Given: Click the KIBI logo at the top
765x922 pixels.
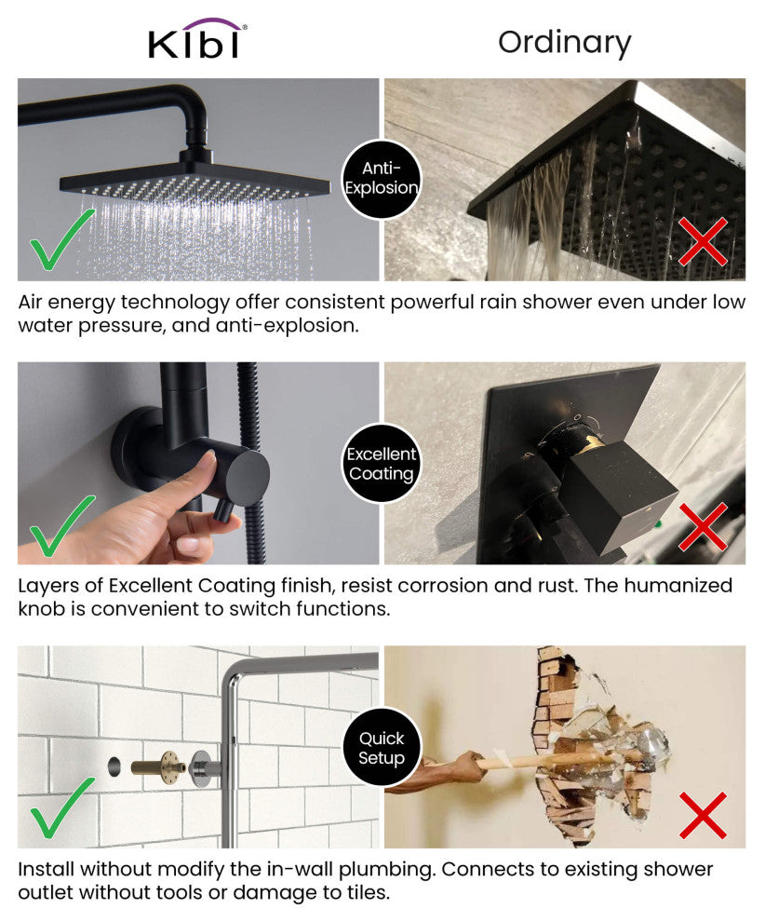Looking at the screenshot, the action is (x=197, y=39).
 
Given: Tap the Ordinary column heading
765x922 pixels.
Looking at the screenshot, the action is (x=565, y=42).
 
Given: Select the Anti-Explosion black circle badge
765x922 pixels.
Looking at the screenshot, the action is (x=382, y=179).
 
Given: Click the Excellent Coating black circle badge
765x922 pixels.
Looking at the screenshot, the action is (x=382, y=464).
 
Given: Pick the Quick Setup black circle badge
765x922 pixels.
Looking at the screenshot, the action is (x=382, y=747).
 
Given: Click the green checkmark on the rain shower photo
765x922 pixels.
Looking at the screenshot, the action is (x=61, y=238).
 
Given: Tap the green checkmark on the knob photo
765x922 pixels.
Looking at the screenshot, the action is (x=61, y=525).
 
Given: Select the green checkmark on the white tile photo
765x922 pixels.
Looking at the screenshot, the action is (x=61, y=807).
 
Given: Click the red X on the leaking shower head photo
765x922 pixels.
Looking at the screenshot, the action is (x=704, y=241).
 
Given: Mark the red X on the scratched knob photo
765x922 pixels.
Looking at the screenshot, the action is (x=704, y=526).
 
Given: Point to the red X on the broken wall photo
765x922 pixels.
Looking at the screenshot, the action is (x=704, y=815).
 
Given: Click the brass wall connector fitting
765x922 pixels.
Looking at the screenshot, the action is (x=158, y=766).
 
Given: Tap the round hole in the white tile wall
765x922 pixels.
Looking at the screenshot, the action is (x=114, y=766).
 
